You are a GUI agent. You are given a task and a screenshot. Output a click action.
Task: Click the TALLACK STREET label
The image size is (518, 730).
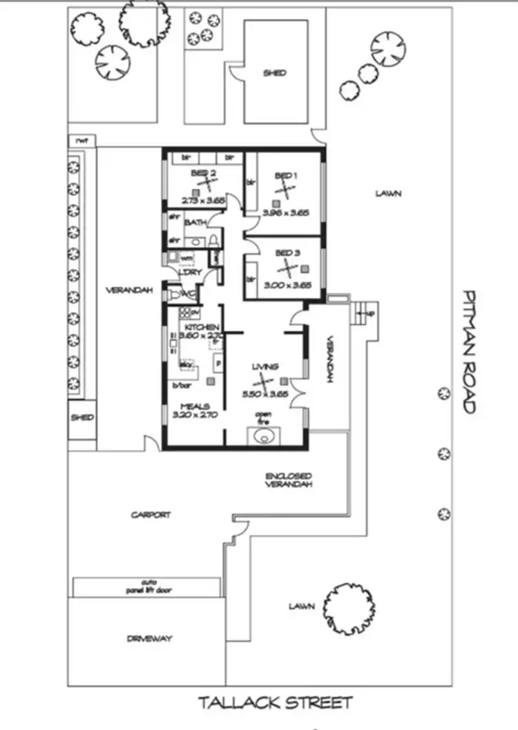click(276, 703)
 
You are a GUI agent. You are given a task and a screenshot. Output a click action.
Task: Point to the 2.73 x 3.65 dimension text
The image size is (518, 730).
click(204, 201)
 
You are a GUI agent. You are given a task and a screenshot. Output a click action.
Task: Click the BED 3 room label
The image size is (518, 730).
click(287, 253)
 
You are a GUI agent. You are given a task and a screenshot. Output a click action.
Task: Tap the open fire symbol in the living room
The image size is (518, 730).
click(262, 437)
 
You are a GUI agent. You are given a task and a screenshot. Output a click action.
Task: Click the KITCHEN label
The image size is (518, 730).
click(201, 327)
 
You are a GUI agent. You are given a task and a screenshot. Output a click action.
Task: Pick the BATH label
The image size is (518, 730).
click(194, 223)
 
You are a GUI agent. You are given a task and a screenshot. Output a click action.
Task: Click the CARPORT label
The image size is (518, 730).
click(150, 515)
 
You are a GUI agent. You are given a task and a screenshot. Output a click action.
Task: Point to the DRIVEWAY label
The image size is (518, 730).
click(149, 638)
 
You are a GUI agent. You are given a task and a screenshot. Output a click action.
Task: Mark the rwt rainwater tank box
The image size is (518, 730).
click(81, 141)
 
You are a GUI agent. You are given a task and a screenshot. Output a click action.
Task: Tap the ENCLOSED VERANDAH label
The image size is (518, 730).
click(289, 480)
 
